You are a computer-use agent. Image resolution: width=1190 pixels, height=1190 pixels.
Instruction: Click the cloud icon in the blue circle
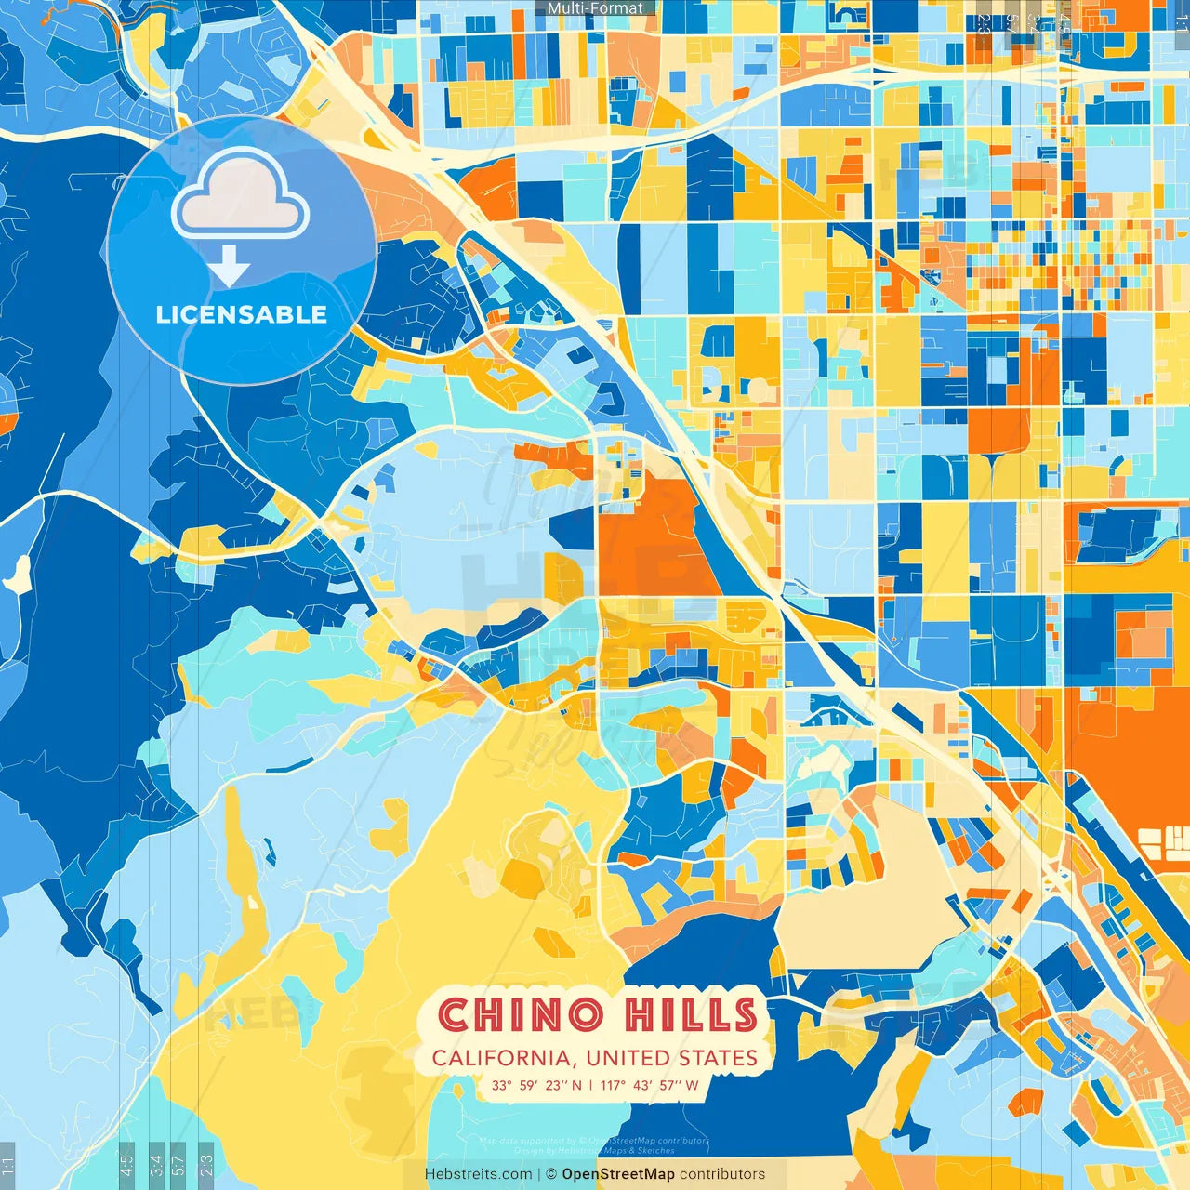pos(240,198)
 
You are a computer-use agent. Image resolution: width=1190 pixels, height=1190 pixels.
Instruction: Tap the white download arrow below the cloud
pos(229,267)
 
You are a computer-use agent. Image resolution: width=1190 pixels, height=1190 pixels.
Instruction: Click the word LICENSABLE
pos(241,314)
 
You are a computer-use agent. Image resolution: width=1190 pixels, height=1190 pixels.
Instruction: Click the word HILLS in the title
pos(691,1014)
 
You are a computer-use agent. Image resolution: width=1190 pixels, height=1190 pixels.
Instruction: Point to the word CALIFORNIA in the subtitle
pos(502,1058)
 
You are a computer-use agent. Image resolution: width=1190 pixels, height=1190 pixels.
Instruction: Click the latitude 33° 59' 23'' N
pos(537,1085)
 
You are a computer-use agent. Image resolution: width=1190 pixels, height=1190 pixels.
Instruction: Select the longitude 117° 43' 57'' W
pos(650,1085)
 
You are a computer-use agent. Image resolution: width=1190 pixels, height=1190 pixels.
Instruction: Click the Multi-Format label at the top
pos(595,8)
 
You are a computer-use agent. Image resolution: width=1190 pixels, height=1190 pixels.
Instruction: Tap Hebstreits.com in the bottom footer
pos(478,1174)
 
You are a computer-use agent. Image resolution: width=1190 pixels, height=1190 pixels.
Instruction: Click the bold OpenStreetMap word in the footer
pos(618,1174)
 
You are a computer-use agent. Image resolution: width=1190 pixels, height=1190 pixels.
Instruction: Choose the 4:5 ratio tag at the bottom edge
pos(126,1165)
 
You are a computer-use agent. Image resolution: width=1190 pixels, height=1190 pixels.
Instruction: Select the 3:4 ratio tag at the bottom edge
pos(155,1165)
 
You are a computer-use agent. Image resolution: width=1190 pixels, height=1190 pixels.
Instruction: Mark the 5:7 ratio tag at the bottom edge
pos(178,1165)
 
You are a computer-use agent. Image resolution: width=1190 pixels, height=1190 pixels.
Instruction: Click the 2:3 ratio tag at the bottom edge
pos(205,1165)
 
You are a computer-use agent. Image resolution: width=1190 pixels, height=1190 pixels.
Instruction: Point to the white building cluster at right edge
pos(1163,842)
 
